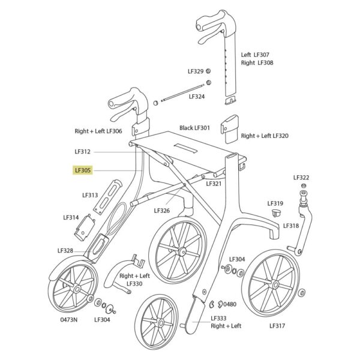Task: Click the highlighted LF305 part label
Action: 83,170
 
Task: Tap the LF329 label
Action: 196,71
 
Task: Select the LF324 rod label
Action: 197,97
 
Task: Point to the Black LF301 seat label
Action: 194,128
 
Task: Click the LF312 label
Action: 83,152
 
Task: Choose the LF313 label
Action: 90,195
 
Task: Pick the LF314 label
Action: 71,217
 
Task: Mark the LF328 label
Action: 65,250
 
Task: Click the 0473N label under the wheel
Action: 69,320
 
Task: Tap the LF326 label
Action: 162,211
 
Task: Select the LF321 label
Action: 214,184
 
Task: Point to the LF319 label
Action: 275,203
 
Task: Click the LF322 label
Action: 301,178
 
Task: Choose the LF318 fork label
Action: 291,226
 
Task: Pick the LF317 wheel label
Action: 277,326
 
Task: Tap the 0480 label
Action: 230,304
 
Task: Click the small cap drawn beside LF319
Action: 276,212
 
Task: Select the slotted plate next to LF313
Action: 107,197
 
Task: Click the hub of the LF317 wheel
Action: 275,285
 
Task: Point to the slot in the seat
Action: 185,148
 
